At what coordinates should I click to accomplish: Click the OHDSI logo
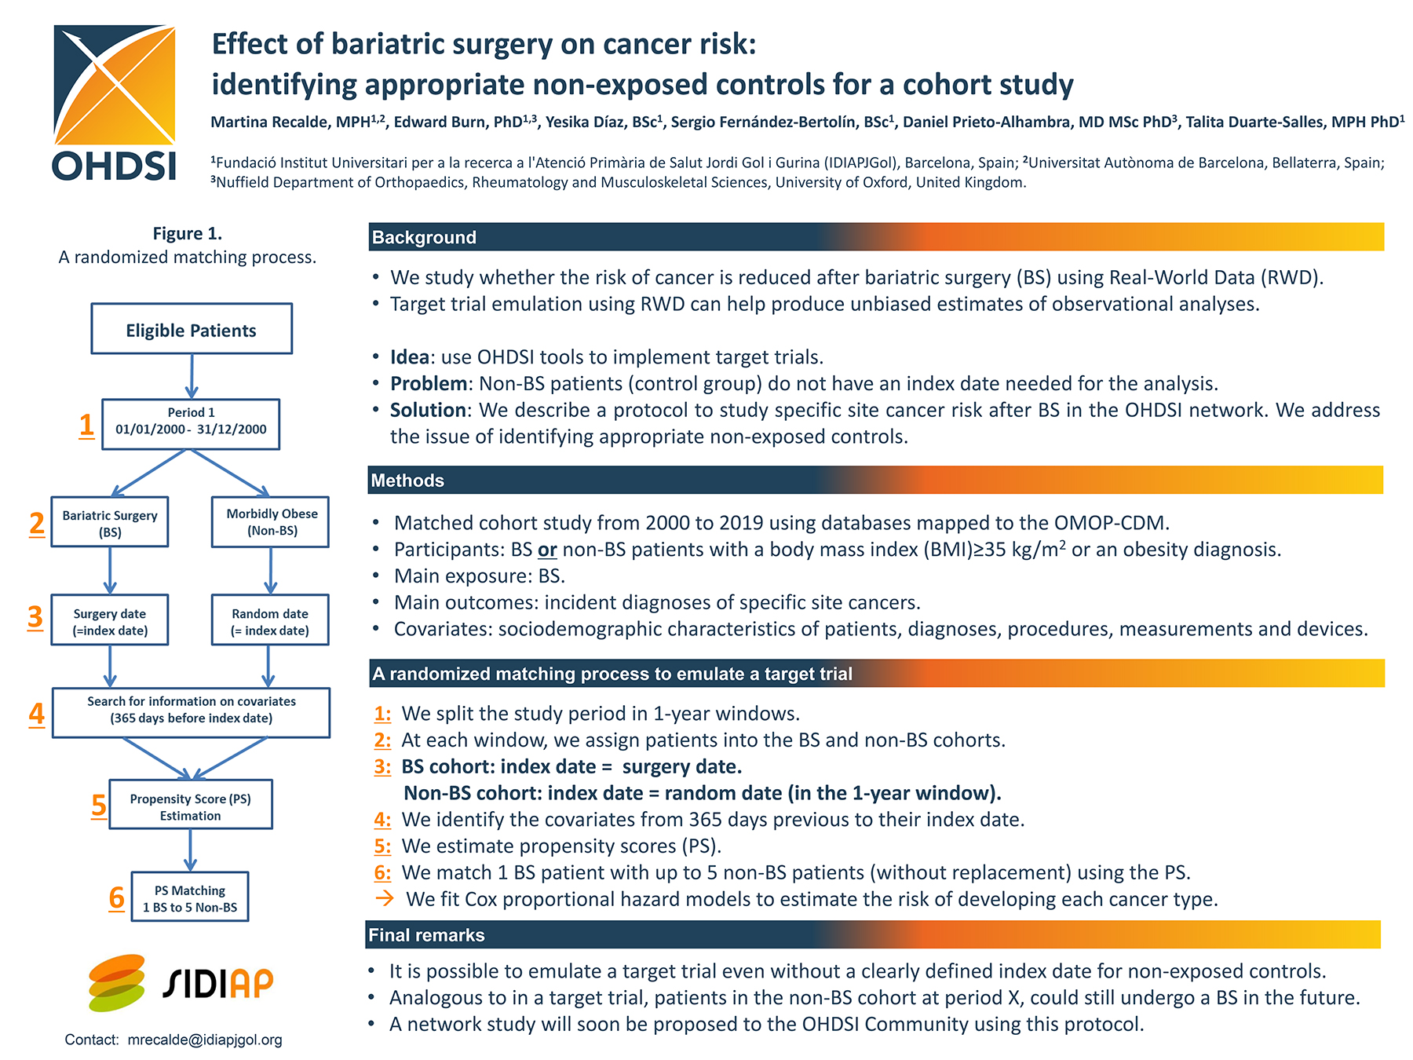[115, 102]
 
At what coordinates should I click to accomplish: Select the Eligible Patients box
[192, 329]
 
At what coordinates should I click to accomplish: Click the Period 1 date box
[191, 424]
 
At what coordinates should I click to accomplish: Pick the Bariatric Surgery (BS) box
[110, 522]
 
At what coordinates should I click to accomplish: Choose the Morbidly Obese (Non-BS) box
[271, 522]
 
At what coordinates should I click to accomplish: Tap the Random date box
[270, 620]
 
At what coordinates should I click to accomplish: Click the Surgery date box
[110, 620]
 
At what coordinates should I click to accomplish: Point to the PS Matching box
[190, 897]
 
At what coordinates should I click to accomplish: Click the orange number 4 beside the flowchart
[36, 714]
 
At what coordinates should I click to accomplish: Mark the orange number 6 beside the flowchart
[116, 897]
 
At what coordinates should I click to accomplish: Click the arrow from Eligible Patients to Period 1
[192, 376]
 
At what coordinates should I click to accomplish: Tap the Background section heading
[424, 237]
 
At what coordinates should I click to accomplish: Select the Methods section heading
[407, 481]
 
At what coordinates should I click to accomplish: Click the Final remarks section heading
[426, 935]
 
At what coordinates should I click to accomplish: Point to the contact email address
[205, 1040]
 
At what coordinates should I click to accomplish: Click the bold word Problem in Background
[429, 383]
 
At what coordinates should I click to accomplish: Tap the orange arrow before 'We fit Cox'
[385, 898]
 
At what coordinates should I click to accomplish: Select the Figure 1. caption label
[188, 233]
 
